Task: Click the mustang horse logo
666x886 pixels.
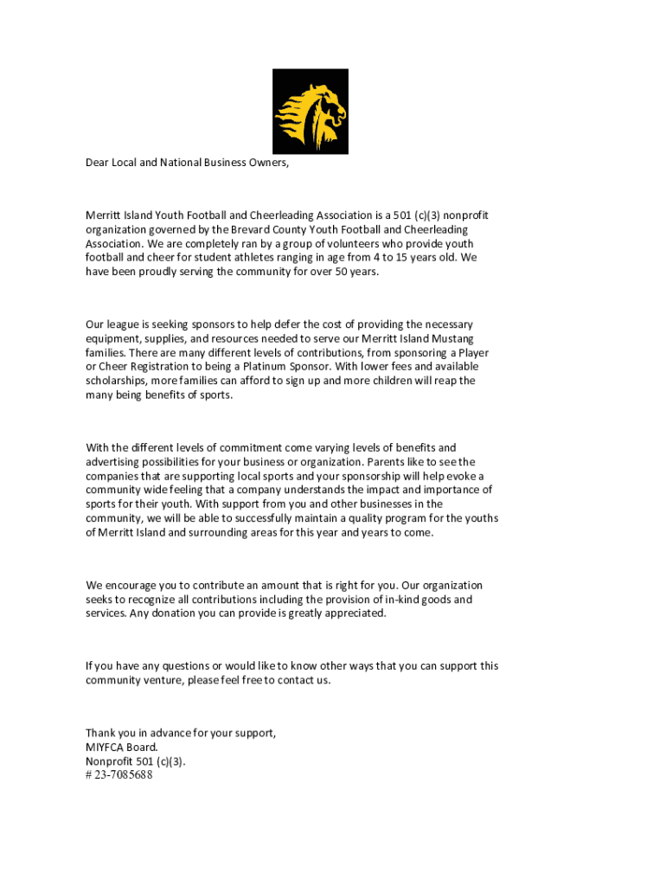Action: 311,112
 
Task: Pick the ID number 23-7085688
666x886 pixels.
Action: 124,775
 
